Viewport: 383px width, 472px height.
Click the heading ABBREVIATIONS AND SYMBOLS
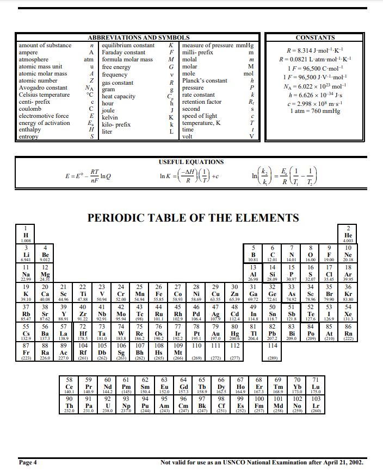[x=134, y=37]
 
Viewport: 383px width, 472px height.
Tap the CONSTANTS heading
[x=315, y=37]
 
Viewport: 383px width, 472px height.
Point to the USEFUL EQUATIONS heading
[x=191, y=162]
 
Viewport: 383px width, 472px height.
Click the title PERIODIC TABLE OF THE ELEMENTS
[x=193, y=218]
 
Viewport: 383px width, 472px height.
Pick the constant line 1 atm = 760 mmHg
[x=315, y=111]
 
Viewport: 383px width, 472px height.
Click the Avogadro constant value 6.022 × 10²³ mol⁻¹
[x=315, y=86]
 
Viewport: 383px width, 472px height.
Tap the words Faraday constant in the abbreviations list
[x=123, y=53]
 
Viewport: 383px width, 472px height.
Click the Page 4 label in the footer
[x=28, y=463]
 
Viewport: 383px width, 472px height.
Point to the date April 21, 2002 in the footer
[x=343, y=463]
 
